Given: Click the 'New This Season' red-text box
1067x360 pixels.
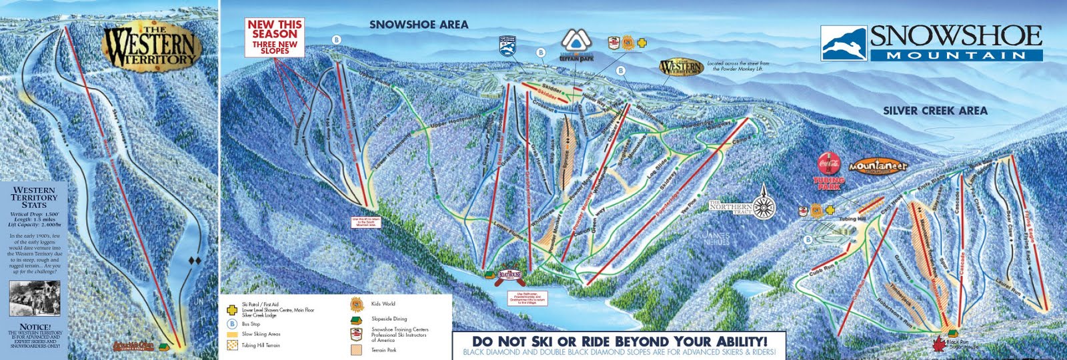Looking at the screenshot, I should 274,36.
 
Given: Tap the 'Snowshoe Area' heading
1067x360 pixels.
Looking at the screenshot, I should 419,25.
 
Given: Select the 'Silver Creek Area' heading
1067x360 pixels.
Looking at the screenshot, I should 935,111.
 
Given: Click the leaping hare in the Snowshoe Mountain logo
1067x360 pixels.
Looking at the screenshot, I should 844,45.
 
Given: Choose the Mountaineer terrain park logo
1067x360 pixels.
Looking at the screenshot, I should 878,166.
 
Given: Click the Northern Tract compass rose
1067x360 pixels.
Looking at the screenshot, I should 764,207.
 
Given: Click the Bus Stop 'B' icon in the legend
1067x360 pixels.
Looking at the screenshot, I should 231,323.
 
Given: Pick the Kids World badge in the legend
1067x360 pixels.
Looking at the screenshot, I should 356,305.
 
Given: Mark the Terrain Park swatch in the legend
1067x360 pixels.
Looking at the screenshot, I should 356,349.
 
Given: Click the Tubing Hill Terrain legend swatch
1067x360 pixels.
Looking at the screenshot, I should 231,345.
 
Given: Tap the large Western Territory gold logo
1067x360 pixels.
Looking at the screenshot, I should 151,46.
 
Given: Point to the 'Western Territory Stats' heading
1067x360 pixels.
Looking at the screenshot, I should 34,197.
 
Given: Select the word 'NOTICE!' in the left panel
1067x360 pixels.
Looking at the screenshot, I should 35,327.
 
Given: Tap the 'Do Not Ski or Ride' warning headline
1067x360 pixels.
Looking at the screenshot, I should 619,341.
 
